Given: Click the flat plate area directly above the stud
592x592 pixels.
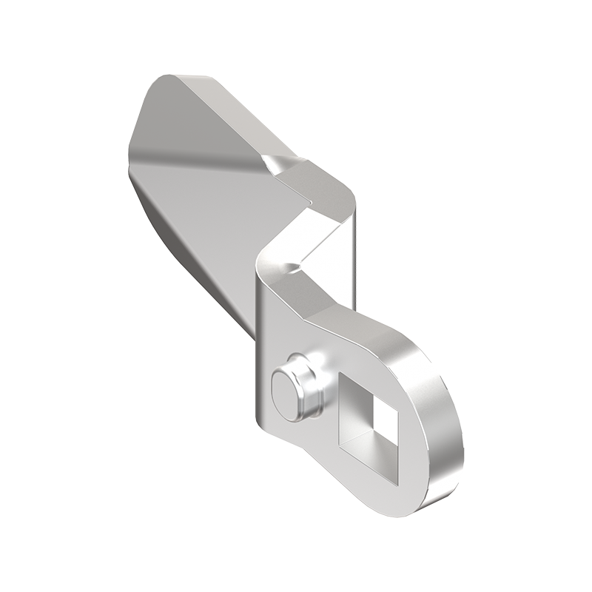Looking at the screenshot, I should pos(281,326).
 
